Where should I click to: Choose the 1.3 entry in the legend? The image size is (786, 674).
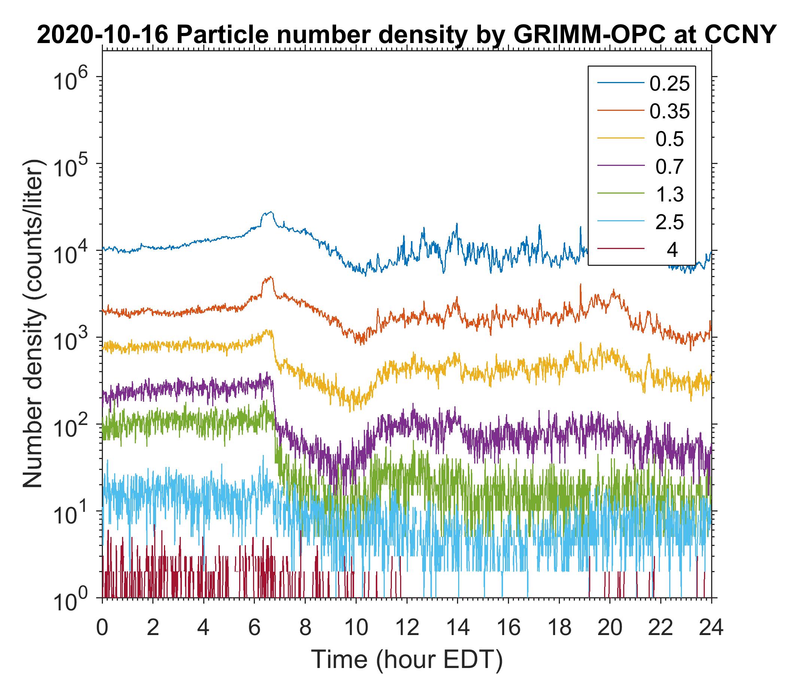coord(669,194)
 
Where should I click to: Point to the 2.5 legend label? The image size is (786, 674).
coord(669,222)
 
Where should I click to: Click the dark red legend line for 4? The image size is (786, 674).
coord(621,249)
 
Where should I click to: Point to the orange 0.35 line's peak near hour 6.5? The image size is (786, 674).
coord(270,277)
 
